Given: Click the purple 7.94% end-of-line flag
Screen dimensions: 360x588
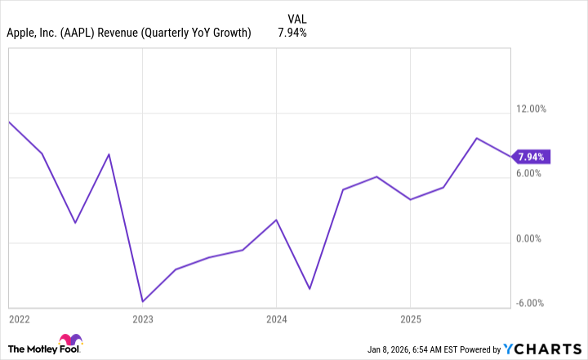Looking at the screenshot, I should coord(532,156).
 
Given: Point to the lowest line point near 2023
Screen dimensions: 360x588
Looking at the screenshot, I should coord(142,301).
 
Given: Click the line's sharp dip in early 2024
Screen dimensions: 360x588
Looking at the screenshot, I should coord(310,289).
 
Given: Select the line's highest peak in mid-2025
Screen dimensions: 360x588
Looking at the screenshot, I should coord(477,138).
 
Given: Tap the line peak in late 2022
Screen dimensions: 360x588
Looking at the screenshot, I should coord(109,154).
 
